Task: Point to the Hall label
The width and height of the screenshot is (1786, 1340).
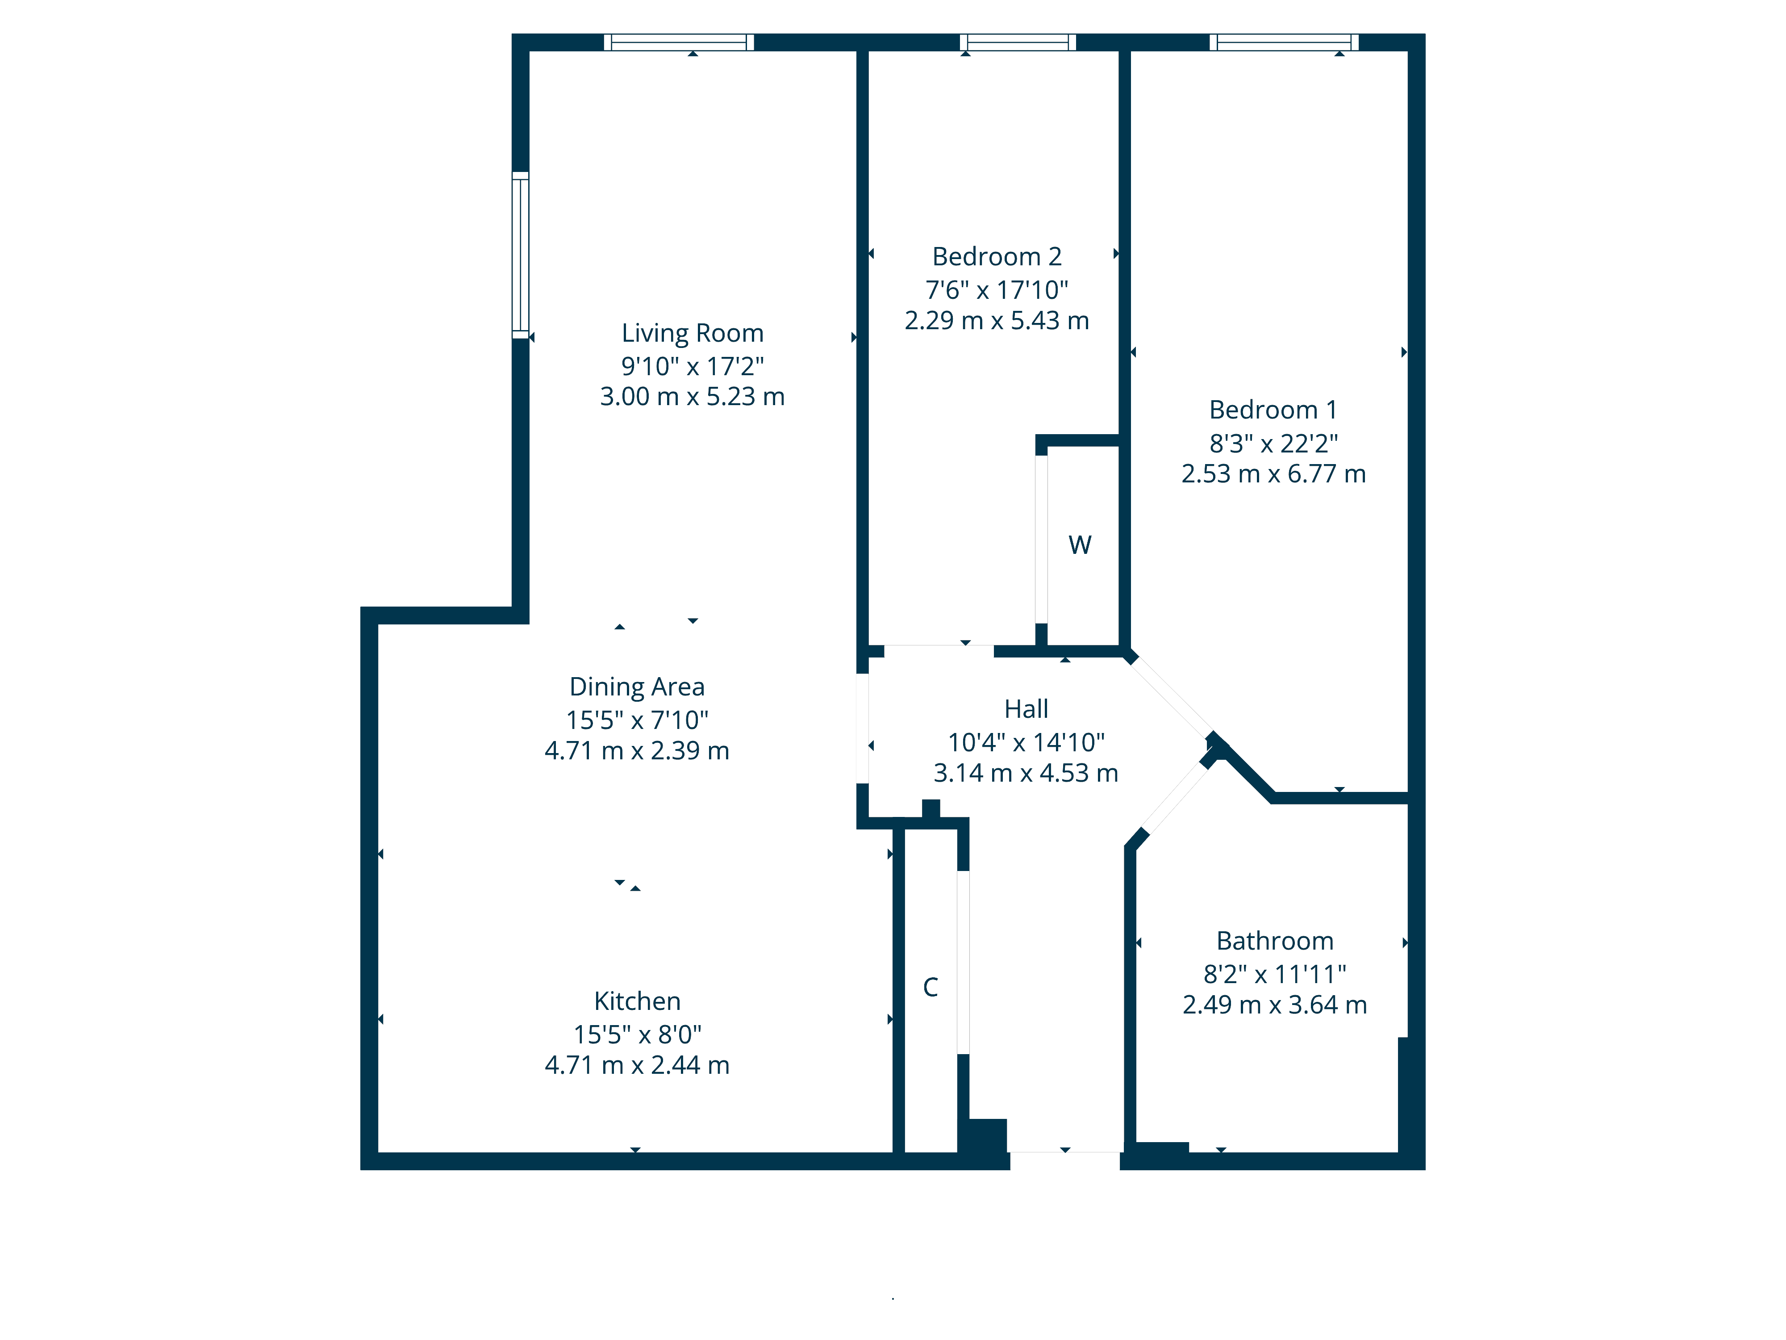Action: (1026, 709)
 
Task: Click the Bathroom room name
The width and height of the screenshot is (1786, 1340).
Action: (1275, 941)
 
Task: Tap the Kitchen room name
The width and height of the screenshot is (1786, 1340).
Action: (637, 1001)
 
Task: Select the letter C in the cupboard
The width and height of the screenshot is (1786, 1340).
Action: (930, 987)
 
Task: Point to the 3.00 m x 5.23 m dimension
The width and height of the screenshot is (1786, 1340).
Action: (692, 397)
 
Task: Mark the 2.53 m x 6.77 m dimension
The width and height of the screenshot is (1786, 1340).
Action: (1273, 474)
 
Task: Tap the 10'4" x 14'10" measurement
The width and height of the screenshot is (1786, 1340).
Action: (1026, 741)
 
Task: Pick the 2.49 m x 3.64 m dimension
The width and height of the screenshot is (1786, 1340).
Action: (1275, 1005)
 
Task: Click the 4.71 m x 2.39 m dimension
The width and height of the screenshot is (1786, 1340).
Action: (637, 751)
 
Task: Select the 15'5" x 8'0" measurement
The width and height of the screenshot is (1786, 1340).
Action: (637, 1034)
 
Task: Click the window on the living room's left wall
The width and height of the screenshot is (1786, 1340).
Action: (521, 255)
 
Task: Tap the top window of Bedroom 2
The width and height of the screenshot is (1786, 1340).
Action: (1017, 42)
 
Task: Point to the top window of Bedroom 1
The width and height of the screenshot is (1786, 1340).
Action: (1284, 42)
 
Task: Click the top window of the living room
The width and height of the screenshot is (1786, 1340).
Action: (679, 42)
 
